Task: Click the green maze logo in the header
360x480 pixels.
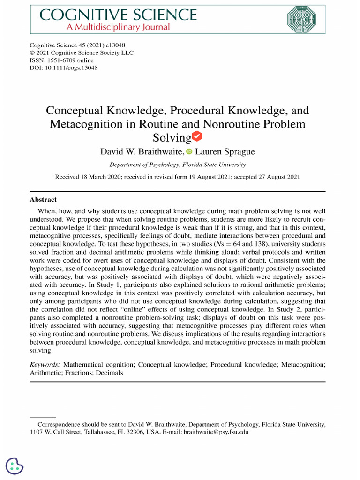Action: pos(305,19)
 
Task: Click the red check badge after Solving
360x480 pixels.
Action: pos(198,137)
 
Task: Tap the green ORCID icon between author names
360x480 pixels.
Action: pos(189,151)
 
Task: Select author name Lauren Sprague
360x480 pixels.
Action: pos(225,151)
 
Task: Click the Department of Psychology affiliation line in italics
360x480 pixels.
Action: pos(177,165)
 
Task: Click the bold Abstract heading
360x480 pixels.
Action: pos(43,199)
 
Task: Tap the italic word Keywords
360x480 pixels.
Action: pos(45,364)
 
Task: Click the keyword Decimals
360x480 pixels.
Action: pos(109,373)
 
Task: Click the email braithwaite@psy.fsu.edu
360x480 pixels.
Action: pos(216,432)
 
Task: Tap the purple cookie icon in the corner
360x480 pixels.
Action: pos(15,466)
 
